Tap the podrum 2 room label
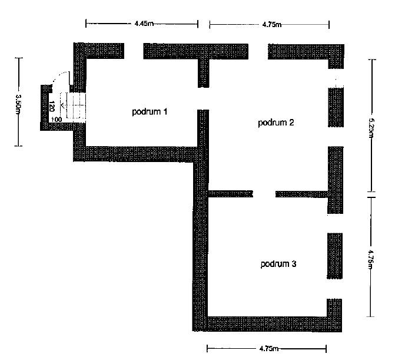click(276, 123)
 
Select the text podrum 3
click(278, 264)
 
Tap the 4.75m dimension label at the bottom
click(268, 349)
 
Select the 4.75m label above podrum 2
click(272, 25)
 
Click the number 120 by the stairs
click(52, 107)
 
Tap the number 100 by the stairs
click(57, 120)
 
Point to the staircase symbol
click(74, 108)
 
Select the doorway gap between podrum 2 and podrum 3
click(264, 193)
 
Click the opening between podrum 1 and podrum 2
click(203, 98)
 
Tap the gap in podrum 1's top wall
click(134, 51)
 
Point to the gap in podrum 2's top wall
click(258, 51)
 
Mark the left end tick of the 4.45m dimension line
click(86, 24)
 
